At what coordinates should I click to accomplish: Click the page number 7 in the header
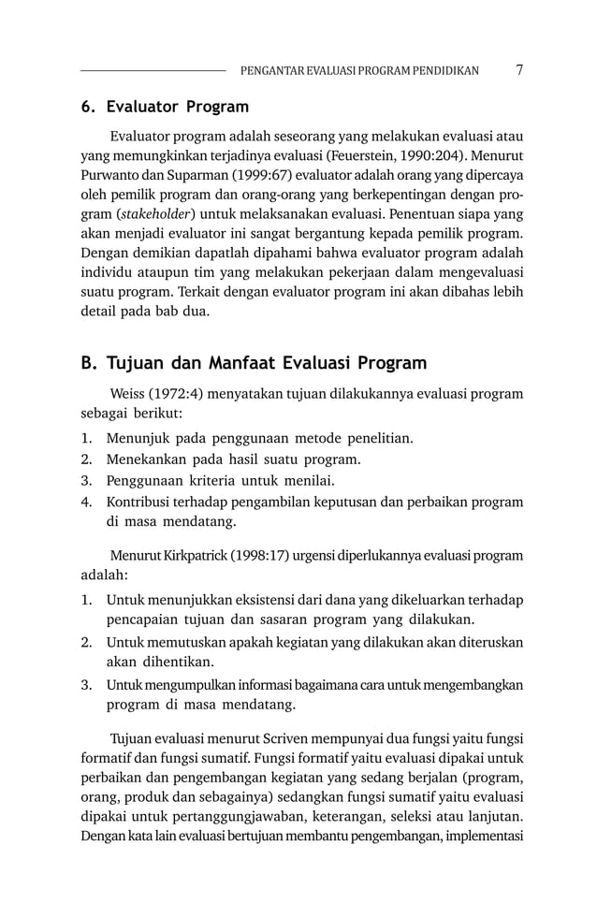pos(518,70)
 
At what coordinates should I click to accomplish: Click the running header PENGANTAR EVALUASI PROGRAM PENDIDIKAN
pos(359,71)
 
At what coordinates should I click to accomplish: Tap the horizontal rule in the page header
pos(153,70)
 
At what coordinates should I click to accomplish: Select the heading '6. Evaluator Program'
pos(165,107)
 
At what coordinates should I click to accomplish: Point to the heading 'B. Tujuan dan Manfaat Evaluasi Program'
pos(254,362)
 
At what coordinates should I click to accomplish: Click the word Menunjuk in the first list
pos(138,438)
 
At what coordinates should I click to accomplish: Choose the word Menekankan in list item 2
pos(148,459)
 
